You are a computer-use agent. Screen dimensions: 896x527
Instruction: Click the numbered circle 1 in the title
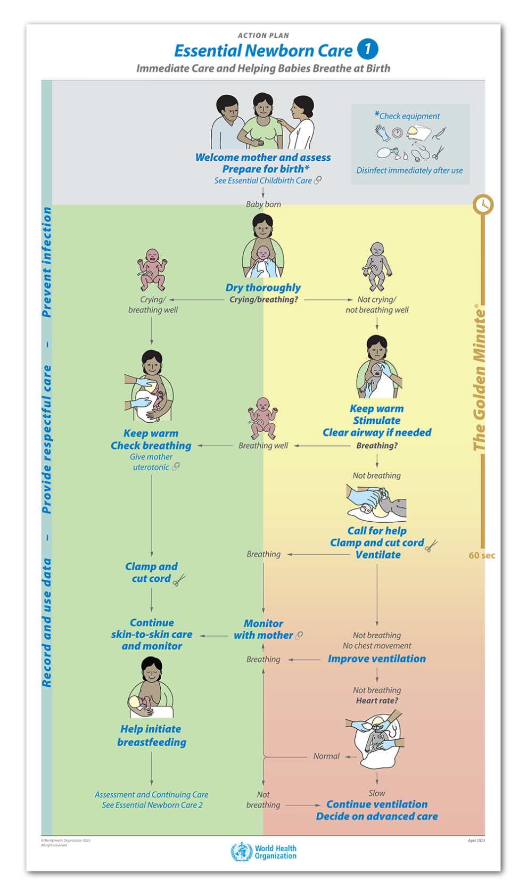(x=367, y=49)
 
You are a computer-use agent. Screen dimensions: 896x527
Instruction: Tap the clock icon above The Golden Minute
(x=483, y=204)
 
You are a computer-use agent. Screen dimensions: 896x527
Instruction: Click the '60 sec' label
(x=481, y=555)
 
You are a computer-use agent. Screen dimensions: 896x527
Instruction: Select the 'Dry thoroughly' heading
(x=263, y=287)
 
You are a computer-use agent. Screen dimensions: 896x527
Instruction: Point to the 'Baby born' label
(x=263, y=204)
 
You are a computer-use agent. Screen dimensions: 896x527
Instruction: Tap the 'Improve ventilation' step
(x=376, y=659)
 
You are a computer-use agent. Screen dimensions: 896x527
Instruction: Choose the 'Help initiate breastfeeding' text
(x=152, y=735)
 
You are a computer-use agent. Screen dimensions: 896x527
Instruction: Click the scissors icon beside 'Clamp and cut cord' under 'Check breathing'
(x=179, y=579)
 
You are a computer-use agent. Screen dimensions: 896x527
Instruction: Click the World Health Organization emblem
(x=241, y=852)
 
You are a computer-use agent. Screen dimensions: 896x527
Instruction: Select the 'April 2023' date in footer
(x=476, y=841)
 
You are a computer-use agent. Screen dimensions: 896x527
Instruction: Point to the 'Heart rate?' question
(x=377, y=701)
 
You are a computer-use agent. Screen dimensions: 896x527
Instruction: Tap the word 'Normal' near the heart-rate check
(x=326, y=756)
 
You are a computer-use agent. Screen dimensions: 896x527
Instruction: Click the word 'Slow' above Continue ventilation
(x=377, y=793)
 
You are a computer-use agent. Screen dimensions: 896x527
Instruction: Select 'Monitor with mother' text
(x=263, y=629)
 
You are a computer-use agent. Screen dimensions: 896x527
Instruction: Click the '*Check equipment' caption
(x=408, y=116)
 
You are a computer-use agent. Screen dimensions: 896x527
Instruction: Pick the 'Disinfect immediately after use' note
(x=409, y=170)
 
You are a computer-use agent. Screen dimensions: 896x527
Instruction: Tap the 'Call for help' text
(x=377, y=531)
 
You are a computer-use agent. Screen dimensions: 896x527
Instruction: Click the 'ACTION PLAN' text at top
(x=263, y=36)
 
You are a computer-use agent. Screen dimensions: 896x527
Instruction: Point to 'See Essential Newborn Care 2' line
(x=152, y=805)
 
